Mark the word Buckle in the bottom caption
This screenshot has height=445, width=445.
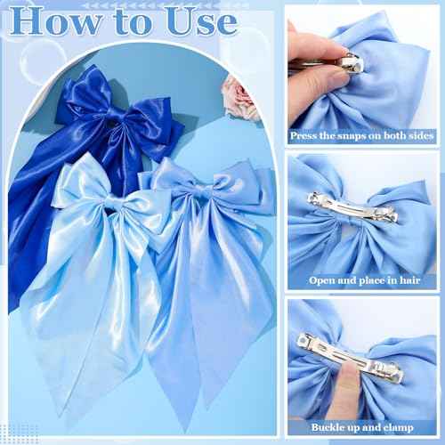click(329, 428)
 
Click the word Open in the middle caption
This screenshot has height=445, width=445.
click(323, 280)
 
